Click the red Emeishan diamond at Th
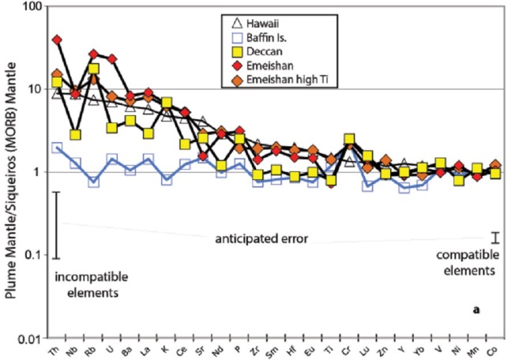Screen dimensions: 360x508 56,39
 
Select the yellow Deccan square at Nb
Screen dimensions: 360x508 75,134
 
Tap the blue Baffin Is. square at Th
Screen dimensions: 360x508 56,147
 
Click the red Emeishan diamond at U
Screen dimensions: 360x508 112,58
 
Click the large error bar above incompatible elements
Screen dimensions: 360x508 56,224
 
